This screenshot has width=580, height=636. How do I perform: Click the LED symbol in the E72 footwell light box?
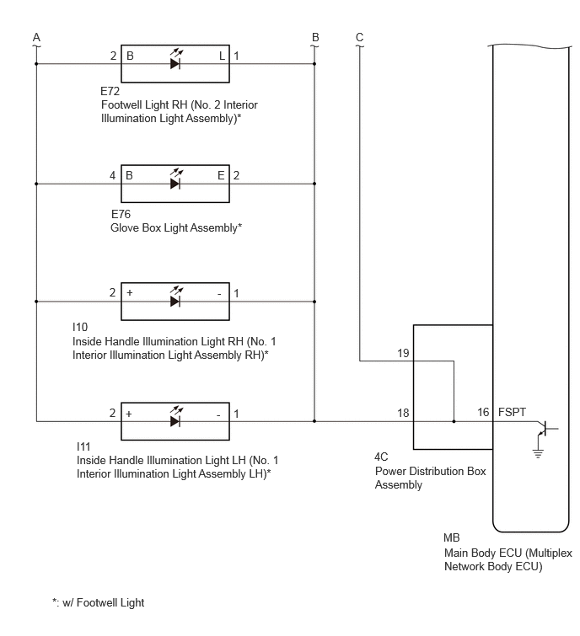(175, 60)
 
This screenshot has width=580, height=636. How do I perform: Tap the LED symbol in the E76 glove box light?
(175, 179)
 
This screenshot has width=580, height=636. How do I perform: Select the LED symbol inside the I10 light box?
(175, 297)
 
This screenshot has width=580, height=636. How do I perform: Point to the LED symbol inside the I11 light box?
(175, 417)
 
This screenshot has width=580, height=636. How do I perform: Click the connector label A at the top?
(36, 37)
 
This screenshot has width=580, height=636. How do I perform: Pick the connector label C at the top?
(360, 37)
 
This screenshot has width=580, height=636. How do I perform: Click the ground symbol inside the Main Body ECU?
(538, 452)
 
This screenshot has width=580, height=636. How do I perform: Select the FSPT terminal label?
(512, 412)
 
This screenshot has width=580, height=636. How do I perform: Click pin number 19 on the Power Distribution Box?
(403, 353)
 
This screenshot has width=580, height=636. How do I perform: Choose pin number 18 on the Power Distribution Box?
(403, 413)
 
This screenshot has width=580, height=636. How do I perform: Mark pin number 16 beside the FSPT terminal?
(483, 412)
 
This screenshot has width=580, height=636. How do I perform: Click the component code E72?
(110, 91)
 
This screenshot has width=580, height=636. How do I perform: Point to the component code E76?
(121, 214)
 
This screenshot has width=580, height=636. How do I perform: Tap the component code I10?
(80, 327)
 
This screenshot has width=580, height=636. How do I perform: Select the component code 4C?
(381, 457)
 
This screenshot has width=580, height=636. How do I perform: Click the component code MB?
(452, 537)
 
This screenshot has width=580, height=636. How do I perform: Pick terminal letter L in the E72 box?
(222, 56)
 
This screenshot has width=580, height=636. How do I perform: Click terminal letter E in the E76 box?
(221, 175)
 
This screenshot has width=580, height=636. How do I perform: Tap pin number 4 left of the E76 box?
(112, 175)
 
